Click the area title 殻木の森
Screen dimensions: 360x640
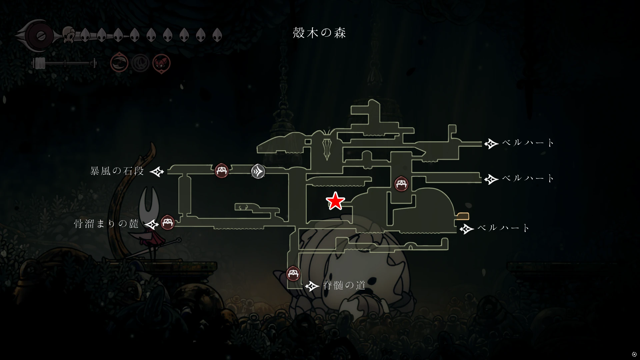coord(319,33)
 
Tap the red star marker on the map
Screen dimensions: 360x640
coord(335,201)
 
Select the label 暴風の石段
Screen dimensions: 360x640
coord(117,171)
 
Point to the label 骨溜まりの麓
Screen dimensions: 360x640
coord(106,223)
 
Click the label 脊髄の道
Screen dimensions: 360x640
coord(344,285)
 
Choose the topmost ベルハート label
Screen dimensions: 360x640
coord(528,143)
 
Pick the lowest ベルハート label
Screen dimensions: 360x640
coord(503,228)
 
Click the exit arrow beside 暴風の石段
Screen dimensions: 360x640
coord(157,172)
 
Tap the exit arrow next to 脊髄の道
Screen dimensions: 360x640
coord(312,286)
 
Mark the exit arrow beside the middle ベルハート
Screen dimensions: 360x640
coord(491,179)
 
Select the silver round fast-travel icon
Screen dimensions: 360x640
coord(258,171)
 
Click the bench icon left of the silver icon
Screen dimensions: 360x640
coord(222,171)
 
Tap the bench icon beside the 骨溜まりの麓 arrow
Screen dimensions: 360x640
coord(168,222)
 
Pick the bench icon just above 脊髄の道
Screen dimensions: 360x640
coord(293,274)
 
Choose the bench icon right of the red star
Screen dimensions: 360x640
coord(401,184)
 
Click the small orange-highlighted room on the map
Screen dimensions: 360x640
coord(463,216)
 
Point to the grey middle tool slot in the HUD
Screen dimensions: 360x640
coord(140,63)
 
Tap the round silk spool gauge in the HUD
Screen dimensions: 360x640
coord(41,36)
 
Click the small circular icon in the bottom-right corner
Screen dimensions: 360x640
coord(634,354)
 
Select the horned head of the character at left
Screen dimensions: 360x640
coord(148,201)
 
